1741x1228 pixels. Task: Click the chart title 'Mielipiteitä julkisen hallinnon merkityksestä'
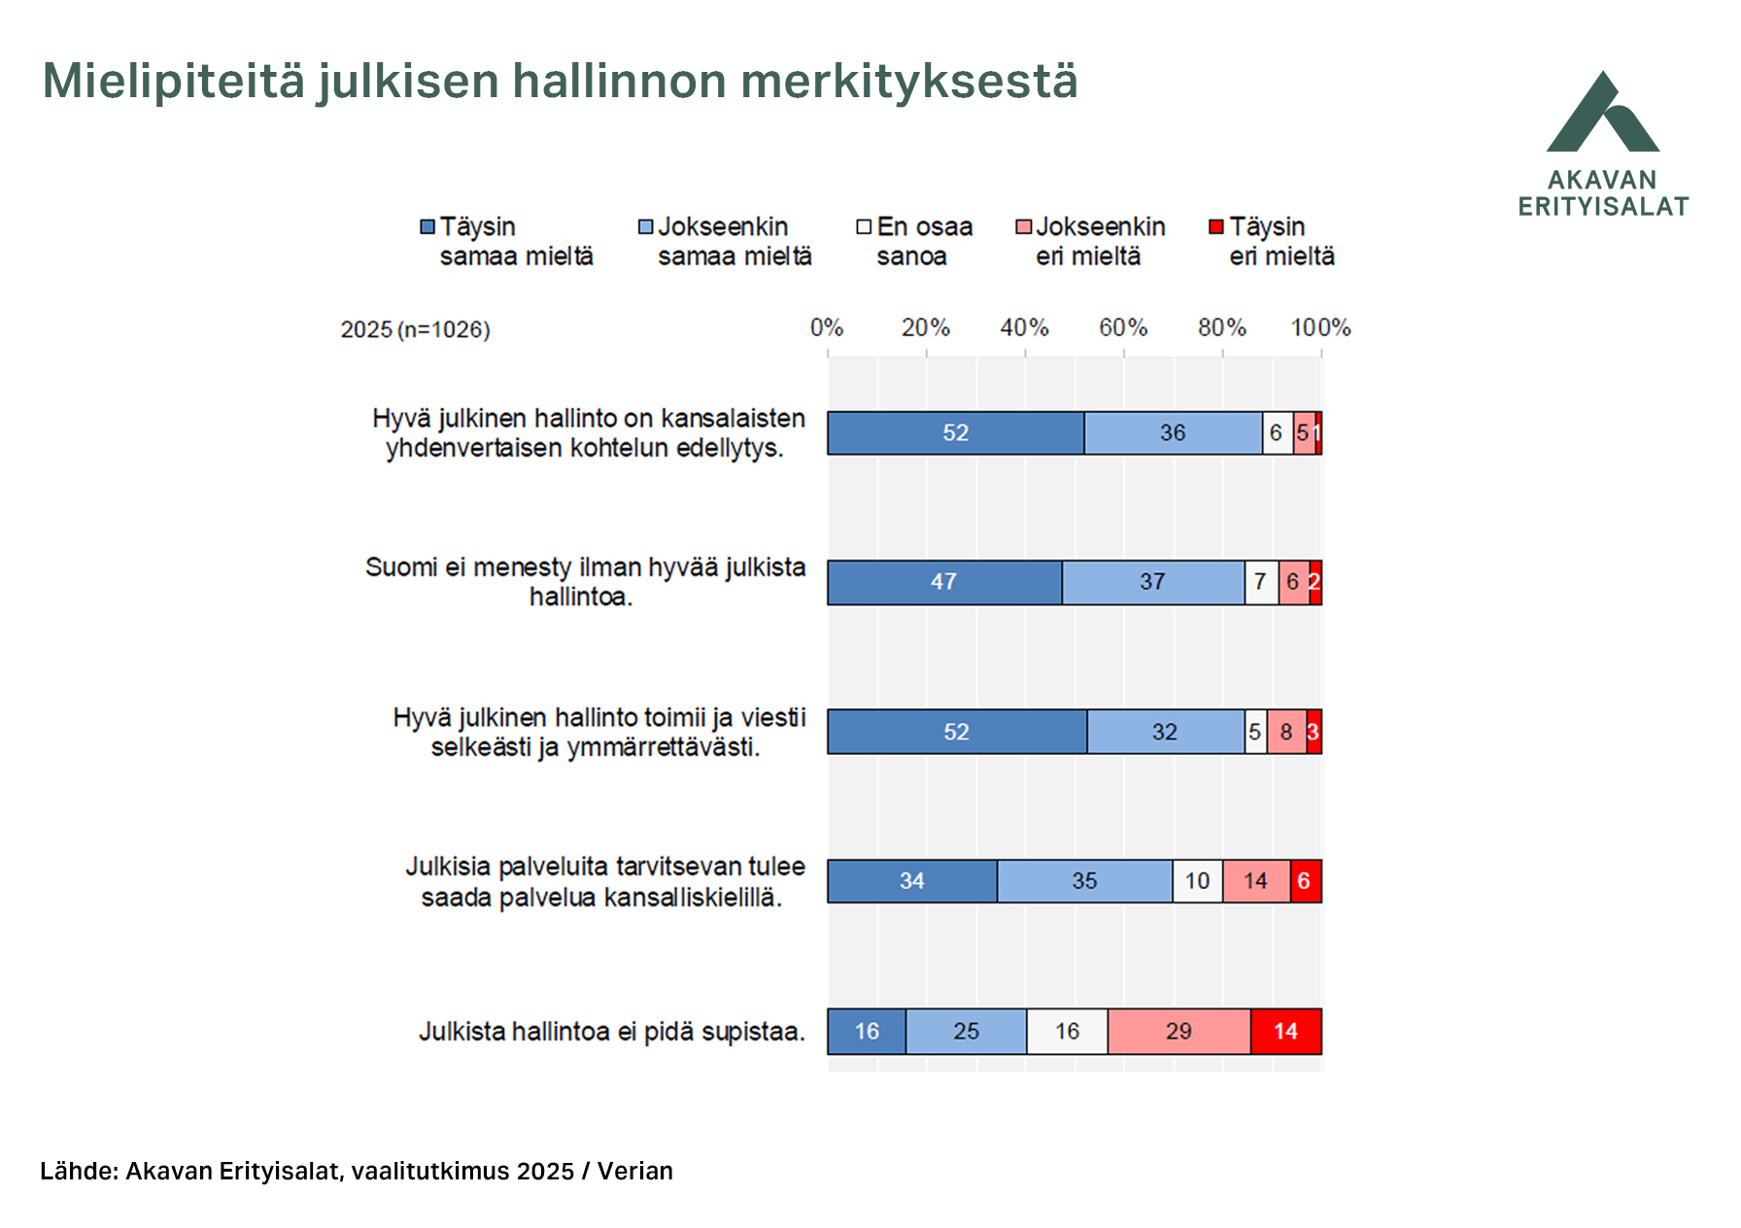point(560,82)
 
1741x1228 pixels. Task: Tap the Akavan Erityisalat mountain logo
point(1603,114)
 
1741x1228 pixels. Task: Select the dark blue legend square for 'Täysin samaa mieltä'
point(427,227)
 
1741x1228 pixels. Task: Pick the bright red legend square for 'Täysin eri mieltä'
point(1216,227)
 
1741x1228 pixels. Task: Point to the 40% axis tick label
point(1024,328)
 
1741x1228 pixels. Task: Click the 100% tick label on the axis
point(1320,328)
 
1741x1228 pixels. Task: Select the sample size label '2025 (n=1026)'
point(415,330)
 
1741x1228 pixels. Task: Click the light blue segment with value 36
point(1173,433)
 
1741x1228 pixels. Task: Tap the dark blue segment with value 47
point(943,583)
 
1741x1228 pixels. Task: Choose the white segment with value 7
point(1261,583)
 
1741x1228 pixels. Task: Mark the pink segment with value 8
point(1286,732)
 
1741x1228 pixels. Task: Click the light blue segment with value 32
point(1165,732)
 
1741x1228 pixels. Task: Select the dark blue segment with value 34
point(911,881)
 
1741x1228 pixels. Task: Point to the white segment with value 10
point(1197,881)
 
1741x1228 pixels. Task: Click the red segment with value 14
point(1285,1032)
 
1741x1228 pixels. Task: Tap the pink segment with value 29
point(1178,1032)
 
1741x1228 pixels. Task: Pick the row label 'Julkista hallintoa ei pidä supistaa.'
point(612,1032)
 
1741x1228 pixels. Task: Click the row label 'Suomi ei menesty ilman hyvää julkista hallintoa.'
point(585,582)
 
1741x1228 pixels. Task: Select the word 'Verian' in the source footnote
point(635,1172)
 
